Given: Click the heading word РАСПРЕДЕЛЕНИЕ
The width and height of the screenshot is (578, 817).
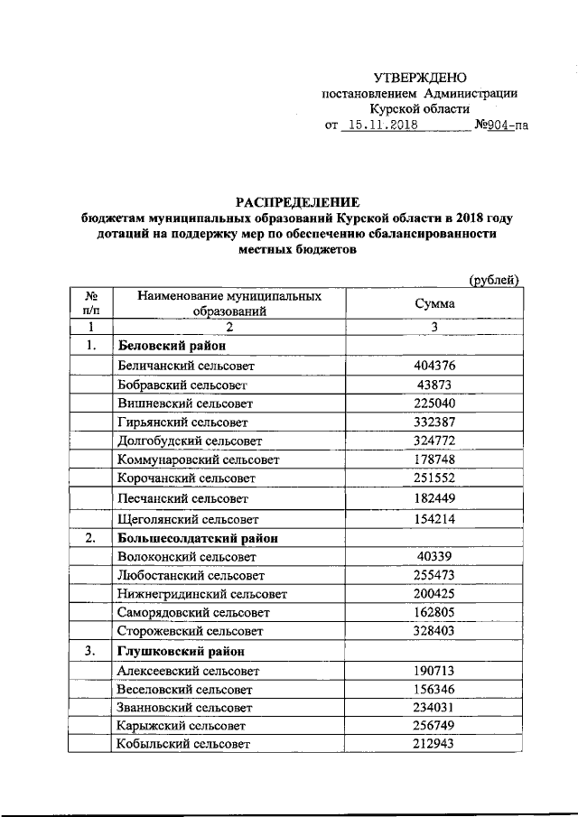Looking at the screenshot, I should point(298,201).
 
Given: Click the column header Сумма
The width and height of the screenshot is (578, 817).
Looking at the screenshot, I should point(433,304).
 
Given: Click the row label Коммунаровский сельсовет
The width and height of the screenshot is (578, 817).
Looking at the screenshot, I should point(199,460).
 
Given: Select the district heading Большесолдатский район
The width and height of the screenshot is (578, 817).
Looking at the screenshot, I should point(197,539).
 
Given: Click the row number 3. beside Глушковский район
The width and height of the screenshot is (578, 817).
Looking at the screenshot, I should point(90,651).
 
